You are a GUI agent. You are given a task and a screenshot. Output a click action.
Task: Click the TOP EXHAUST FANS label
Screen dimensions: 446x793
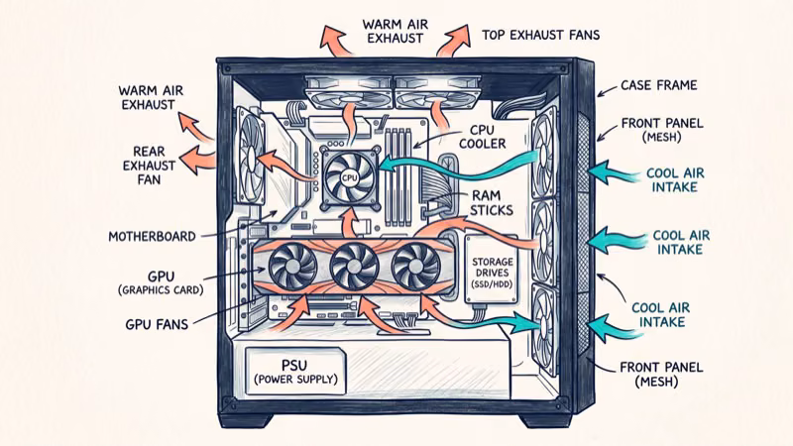click(x=540, y=35)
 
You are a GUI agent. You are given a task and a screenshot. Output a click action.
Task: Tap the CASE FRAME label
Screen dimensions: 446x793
click(x=658, y=85)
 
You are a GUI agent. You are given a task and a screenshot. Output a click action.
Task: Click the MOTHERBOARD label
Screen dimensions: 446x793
click(x=152, y=237)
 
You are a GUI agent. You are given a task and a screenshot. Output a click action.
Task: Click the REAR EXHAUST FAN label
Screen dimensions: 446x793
click(x=149, y=167)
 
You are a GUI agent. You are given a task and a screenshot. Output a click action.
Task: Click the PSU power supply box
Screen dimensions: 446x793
click(x=295, y=369)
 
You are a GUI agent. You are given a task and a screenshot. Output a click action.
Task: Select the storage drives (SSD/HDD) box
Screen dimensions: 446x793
click(x=486, y=269)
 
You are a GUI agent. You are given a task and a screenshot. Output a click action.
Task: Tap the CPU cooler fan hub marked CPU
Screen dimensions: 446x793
click(x=349, y=176)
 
